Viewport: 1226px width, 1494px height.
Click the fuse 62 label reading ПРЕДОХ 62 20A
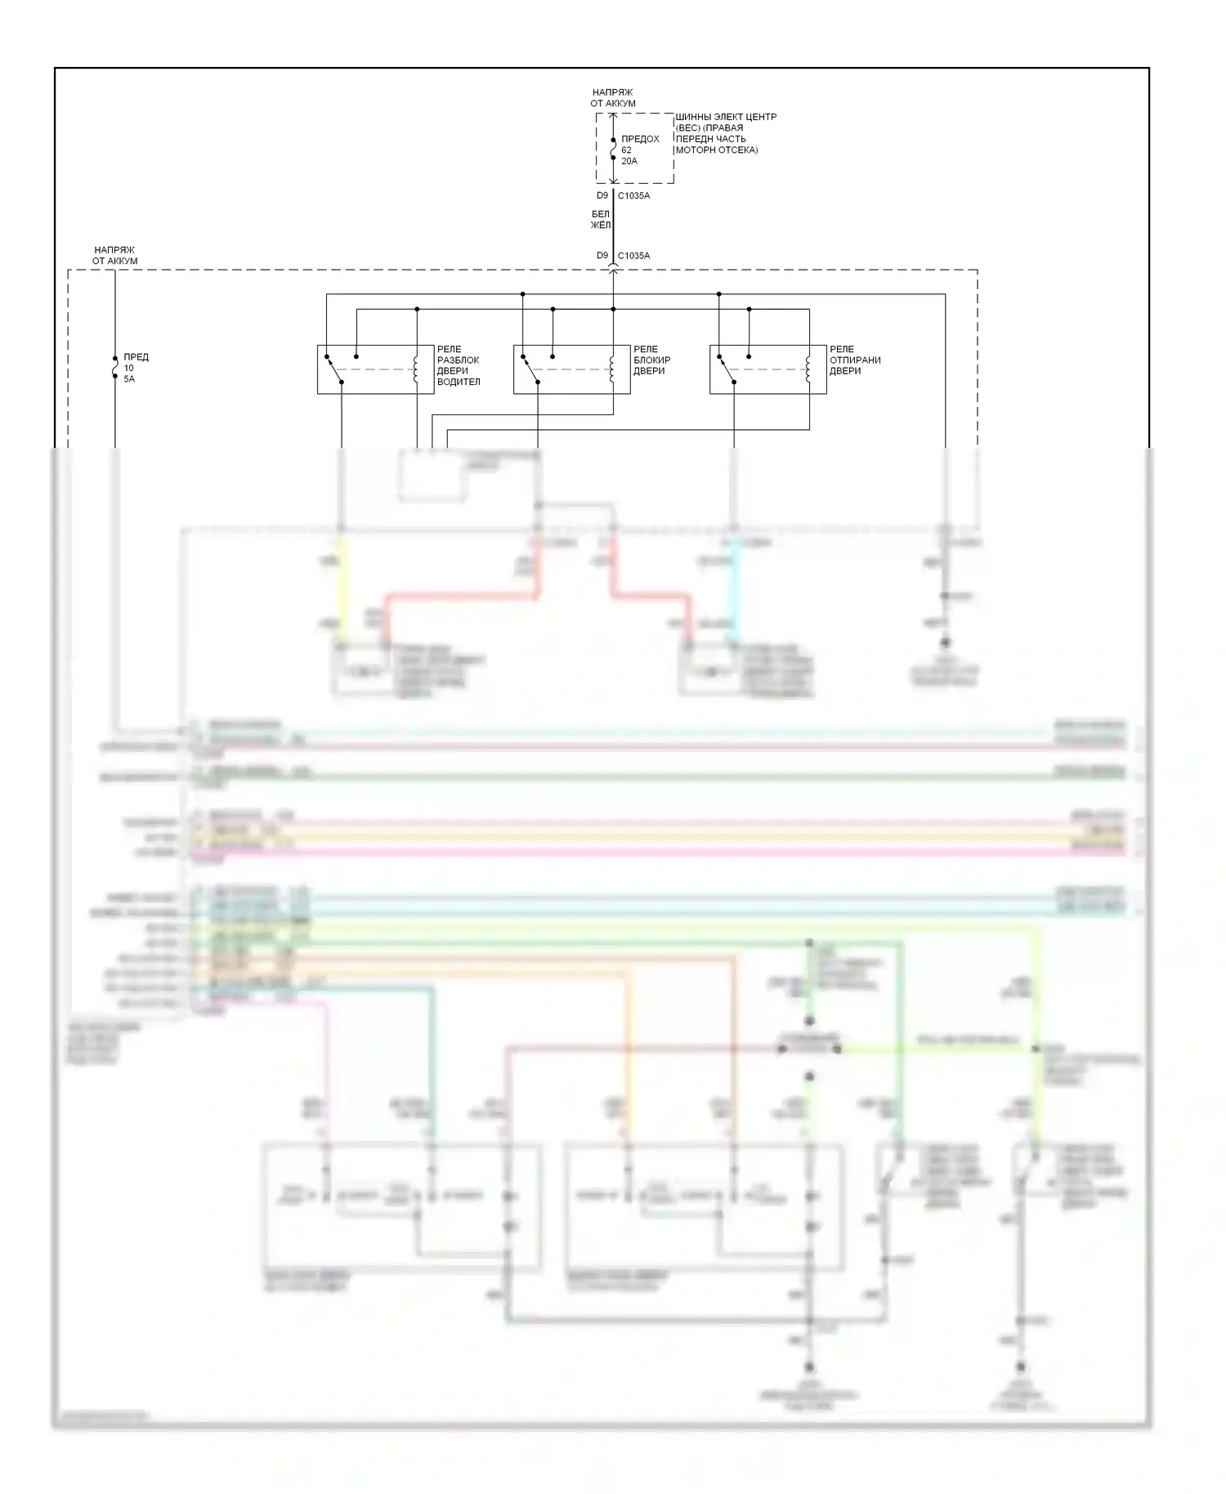point(639,150)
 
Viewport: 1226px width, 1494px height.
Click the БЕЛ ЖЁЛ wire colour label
point(601,220)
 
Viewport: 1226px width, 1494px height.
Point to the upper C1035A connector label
point(633,196)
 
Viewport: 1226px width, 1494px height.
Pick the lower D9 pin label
point(602,256)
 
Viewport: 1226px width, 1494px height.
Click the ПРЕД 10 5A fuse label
point(136,368)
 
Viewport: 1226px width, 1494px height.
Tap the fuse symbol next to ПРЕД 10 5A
point(114,368)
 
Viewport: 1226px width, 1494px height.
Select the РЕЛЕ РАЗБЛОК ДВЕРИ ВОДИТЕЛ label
point(458,365)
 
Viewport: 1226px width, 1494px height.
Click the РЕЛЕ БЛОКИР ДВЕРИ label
point(651,360)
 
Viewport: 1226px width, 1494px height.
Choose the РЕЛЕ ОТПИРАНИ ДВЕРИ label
point(854,360)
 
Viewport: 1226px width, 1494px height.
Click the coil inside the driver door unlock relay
point(416,369)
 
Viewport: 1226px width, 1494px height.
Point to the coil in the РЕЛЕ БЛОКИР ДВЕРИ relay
point(612,369)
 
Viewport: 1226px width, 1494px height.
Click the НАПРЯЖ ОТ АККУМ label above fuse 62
point(613,98)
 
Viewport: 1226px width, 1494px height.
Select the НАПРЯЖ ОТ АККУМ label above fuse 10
point(114,256)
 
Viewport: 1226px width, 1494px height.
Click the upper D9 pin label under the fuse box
point(602,196)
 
